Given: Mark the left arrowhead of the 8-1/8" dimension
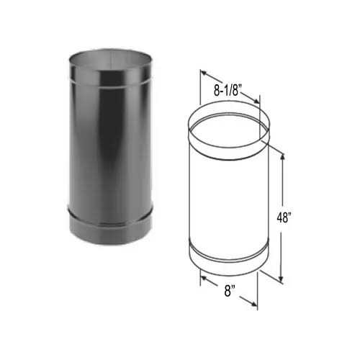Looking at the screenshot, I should tap(203, 72).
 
